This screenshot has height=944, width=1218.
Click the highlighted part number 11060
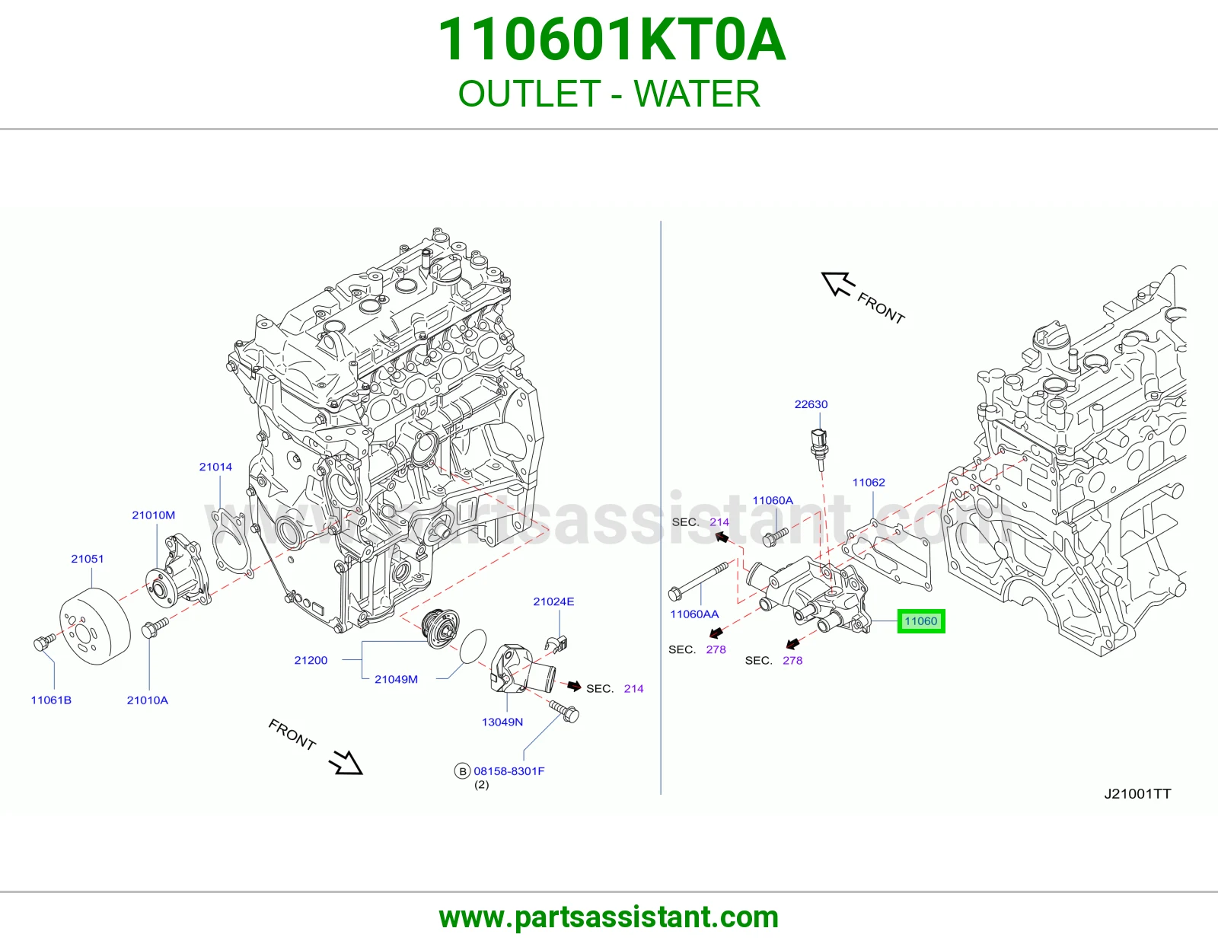(920, 621)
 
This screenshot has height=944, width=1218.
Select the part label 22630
(811, 404)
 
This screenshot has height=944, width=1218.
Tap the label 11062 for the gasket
(869, 482)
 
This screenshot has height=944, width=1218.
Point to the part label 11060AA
(694, 614)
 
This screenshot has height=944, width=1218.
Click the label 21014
(215, 467)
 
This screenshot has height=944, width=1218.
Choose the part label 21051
(87, 558)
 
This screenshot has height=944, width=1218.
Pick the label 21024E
(553, 601)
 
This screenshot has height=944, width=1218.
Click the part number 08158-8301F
(509, 770)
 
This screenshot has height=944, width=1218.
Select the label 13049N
(502, 722)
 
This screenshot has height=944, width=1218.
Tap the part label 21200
(311, 660)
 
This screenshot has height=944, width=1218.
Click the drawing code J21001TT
(1137, 793)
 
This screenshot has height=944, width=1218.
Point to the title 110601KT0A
(611, 40)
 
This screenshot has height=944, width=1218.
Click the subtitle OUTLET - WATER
(609, 94)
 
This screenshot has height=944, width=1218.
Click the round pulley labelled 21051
(94, 626)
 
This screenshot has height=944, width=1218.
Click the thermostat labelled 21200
(441, 628)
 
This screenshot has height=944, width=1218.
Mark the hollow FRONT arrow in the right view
(838, 283)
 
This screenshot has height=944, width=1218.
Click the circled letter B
(462, 771)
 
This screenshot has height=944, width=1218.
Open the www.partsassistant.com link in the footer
(609, 917)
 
